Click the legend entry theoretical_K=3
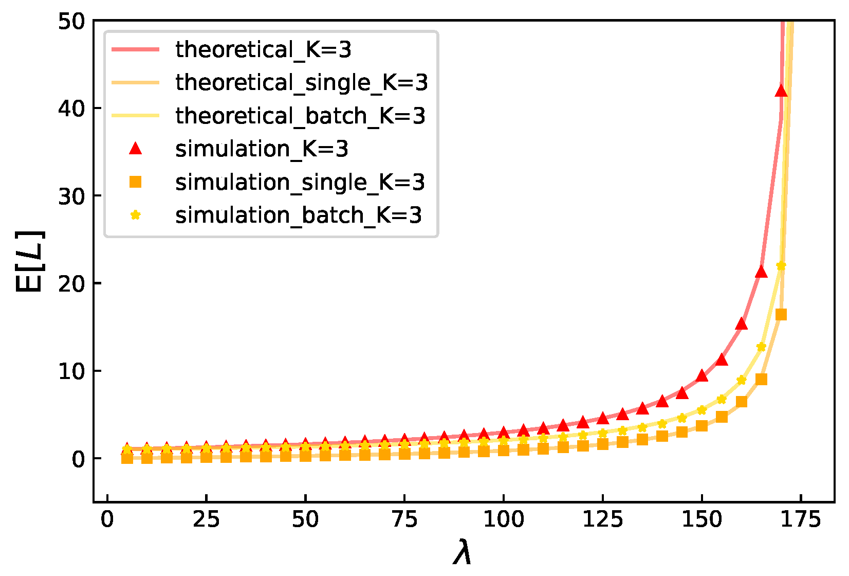tap(263, 50)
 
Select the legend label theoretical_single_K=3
tap(301, 83)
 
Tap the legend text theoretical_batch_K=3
tap(300, 116)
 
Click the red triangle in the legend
tap(135, 149)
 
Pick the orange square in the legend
tap(135, 182)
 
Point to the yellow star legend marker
tap(135, 215)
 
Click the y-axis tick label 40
tap(71, 109)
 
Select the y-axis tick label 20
tap(71, 283)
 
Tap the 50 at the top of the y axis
tap(71, 22)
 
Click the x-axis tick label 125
tap(602, 520)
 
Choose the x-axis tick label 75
tap(404, 520)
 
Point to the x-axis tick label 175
tap(800, 520)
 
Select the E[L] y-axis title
tap(30, 262)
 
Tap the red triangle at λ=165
tap(761, 272)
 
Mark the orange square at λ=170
tap(781, 315)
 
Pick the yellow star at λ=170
tap(781, 266)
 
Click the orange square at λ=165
tap(762, 380)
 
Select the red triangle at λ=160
tap(741, 323)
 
